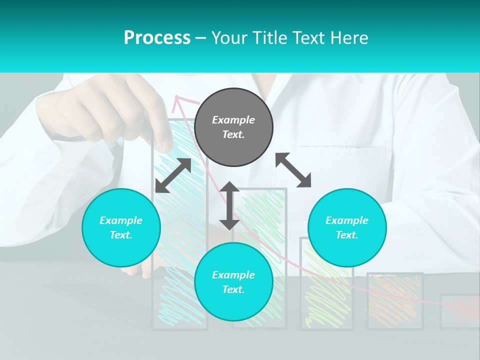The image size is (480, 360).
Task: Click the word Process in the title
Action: point(157,38)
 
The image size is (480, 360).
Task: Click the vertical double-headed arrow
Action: point(229,205)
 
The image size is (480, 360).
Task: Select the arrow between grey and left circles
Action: point(173,175)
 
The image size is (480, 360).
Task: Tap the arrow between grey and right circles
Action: point(293,170)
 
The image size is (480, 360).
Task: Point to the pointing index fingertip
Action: point(166,144)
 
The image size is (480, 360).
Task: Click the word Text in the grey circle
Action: point(233,134)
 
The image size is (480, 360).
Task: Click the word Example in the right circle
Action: point(347,220)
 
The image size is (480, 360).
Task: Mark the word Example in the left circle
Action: point(121,220)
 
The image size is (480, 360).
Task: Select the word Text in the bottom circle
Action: point(233,289)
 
